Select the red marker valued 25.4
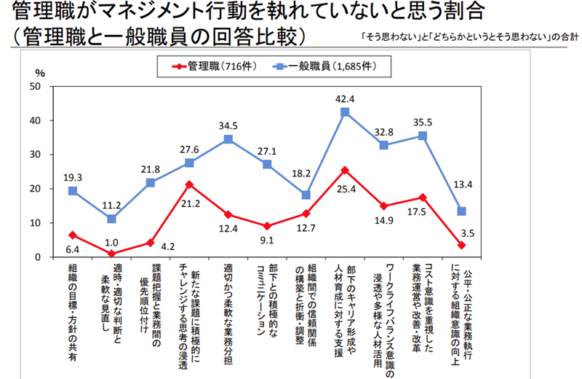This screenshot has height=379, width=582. (345, 171)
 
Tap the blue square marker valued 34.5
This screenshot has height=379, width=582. (228, 139)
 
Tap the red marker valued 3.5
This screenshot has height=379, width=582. (461, 245)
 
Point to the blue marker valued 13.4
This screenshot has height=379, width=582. (461, 211)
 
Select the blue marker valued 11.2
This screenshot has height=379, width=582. (111, 219)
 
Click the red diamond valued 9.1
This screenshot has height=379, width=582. (267, 226)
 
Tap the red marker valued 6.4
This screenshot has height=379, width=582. (73, 235)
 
